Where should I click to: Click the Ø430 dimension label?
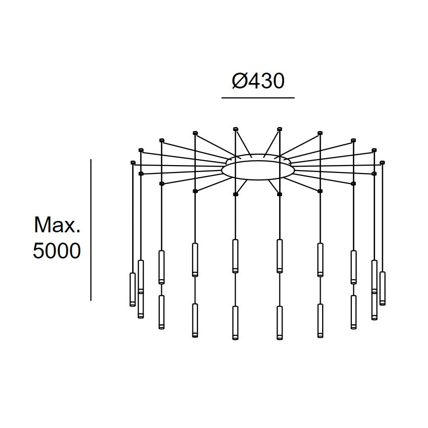pos(258,81)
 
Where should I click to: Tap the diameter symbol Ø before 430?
pos(239,81)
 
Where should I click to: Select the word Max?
pos(57,225)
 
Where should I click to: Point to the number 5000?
pos(57,251)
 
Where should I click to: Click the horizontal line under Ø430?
pos(258,97)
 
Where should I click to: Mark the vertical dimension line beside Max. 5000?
pos(91,230)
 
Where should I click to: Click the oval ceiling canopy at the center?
pos(258,170)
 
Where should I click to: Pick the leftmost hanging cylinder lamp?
pos(133,289)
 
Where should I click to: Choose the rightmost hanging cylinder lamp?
pos(382,289)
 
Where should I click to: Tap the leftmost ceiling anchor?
pos(133,163)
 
